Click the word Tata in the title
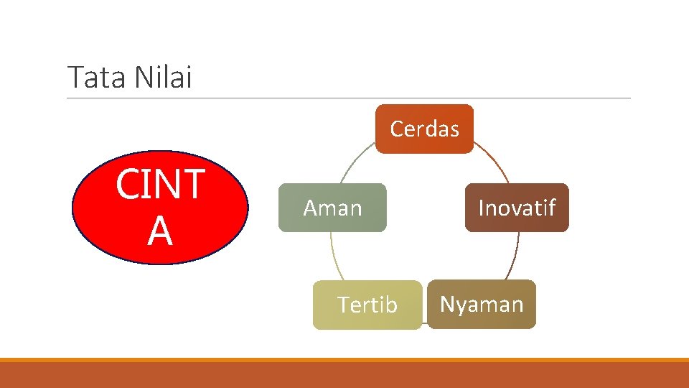point(90,78)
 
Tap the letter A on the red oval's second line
point(159,231)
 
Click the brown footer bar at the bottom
point(344,375)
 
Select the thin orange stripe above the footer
point(344,360)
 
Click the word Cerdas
point(424,129)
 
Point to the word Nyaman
point(482,304)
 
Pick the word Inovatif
point(517,208)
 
